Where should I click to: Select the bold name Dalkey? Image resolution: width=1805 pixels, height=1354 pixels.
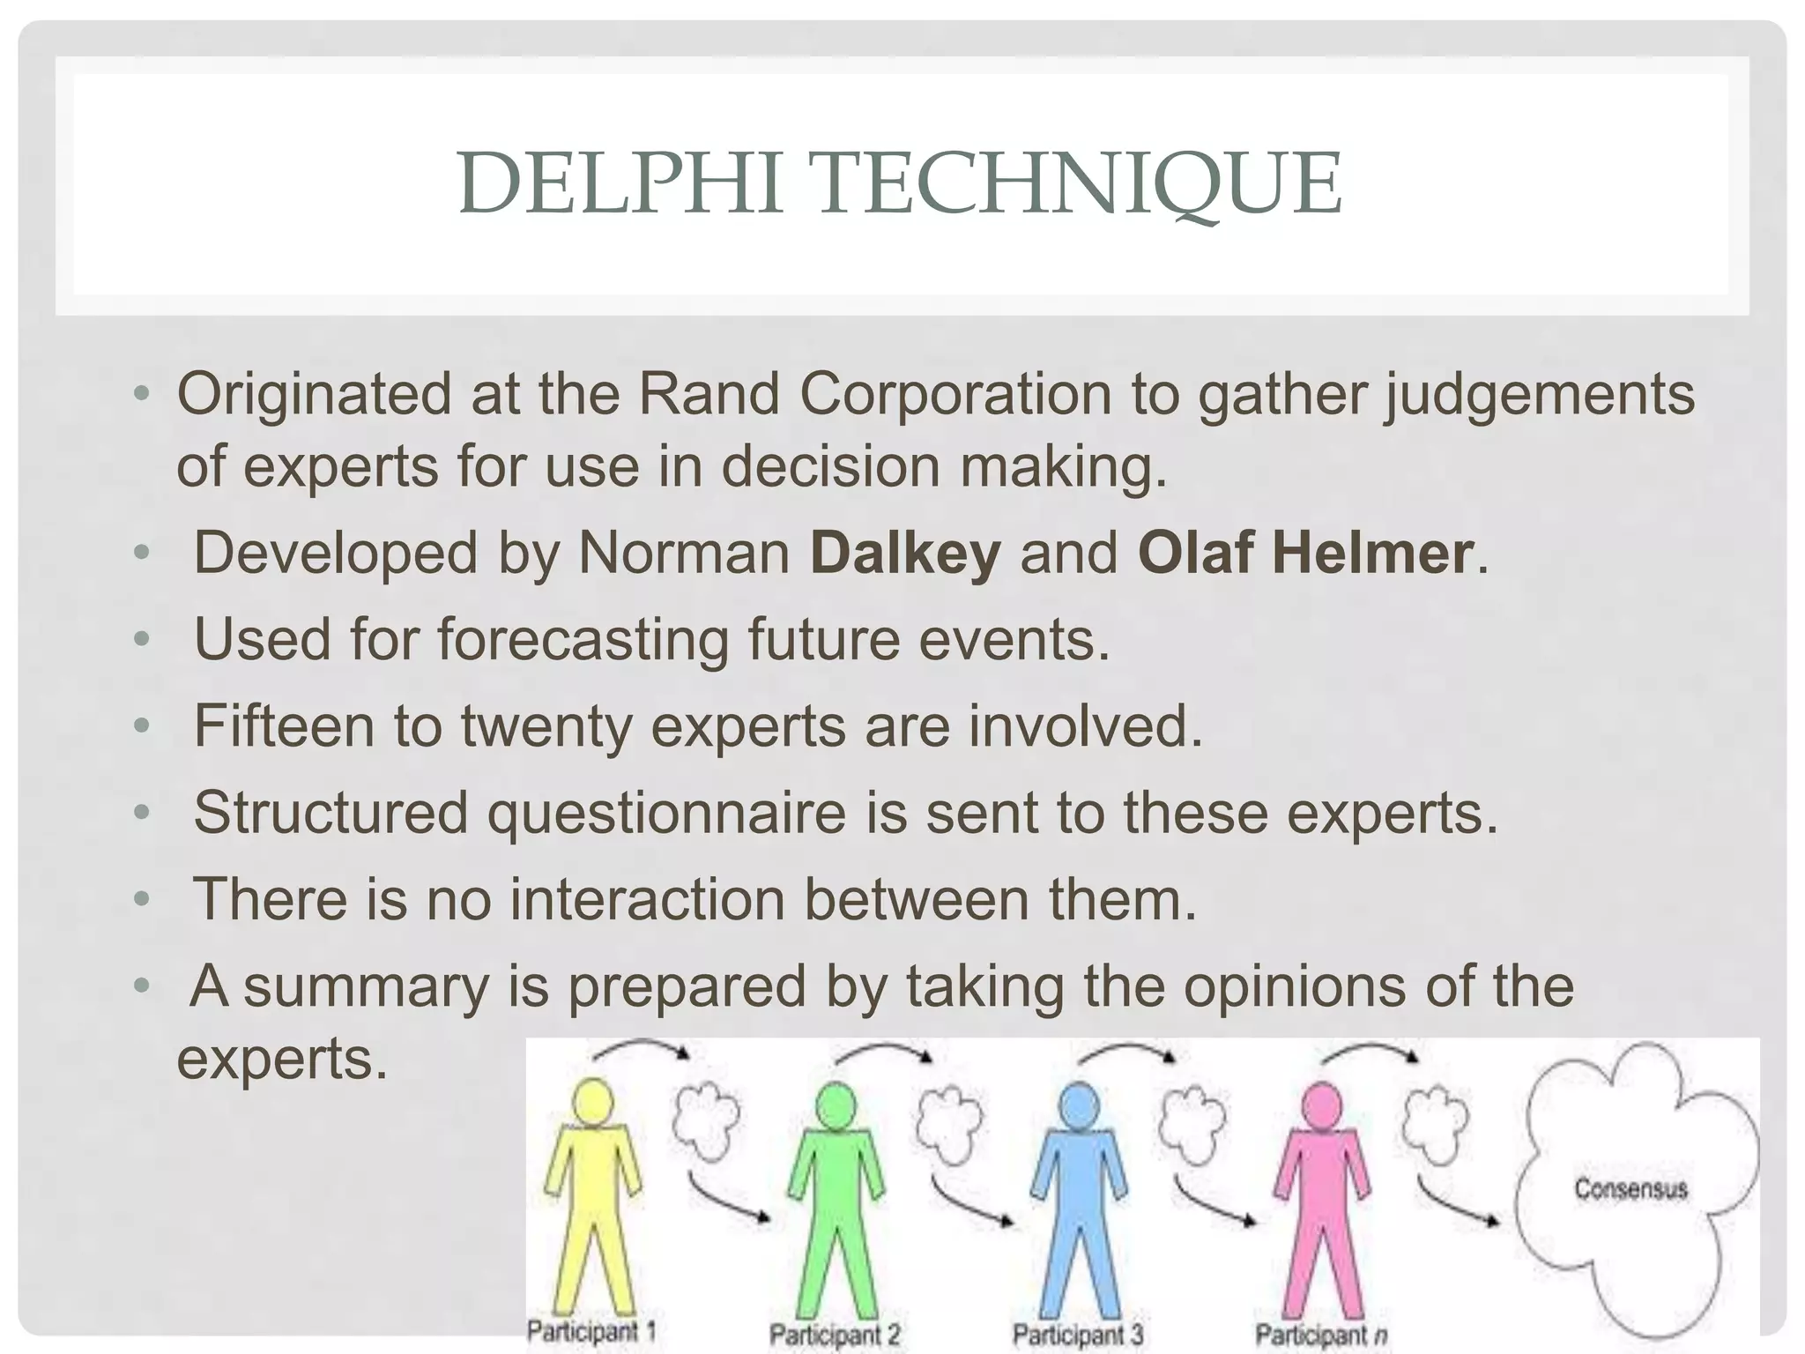tap(905, 554)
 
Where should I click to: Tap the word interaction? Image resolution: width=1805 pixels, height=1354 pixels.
tap(648, 899)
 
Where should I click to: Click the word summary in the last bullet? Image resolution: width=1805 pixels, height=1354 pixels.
tap(366, 986)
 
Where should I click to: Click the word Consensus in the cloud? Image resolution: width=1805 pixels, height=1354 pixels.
tap(1630, 1189)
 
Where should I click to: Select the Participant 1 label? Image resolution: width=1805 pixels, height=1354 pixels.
tap(591, 1331)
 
